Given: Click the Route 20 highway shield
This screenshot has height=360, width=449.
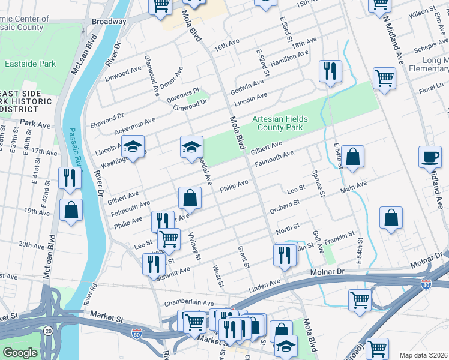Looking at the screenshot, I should (47, 329).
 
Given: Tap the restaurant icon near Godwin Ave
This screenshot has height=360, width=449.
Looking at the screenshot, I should (330, 72).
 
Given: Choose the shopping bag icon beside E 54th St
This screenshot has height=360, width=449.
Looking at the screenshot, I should (354, 157).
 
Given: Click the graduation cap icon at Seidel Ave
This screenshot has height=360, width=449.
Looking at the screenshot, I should (190, 147).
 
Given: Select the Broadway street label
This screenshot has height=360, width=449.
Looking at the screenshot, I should (109, 21).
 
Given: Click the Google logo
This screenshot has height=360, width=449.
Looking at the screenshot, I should (20, 353).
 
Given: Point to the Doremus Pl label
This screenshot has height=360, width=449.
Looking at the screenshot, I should (182, 94).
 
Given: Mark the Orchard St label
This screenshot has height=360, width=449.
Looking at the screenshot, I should (285, 206).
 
